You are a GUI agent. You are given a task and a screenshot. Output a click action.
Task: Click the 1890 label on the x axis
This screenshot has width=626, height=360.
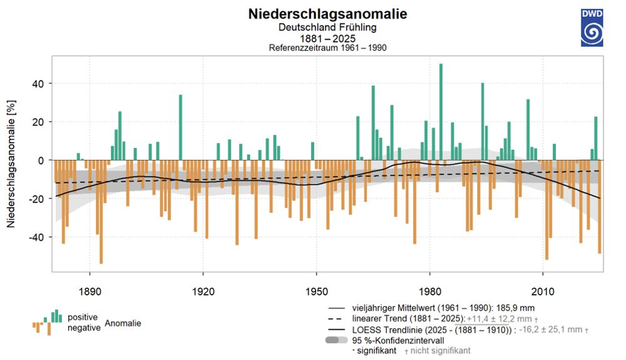pyautogui.click(x=90, y=282)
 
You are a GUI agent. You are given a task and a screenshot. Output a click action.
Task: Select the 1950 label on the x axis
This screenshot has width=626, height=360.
pyautogui.click(x=316, y=282)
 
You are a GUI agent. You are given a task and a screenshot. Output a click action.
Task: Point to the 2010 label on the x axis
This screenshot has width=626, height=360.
pyautogui.click(x=543, y=282)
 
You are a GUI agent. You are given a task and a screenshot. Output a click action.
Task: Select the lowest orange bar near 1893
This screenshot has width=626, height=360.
pyautogui.click(x=101, y=213)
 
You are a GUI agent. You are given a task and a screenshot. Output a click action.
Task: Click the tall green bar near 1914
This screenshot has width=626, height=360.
pyautogui.click(x=180, y=125)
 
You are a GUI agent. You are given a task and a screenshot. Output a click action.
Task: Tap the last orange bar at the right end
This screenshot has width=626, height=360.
pyautogui.click(x=600, y=207)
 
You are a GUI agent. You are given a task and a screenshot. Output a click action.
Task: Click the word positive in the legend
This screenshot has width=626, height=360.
pyautogui.click(x=83, y=317)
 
